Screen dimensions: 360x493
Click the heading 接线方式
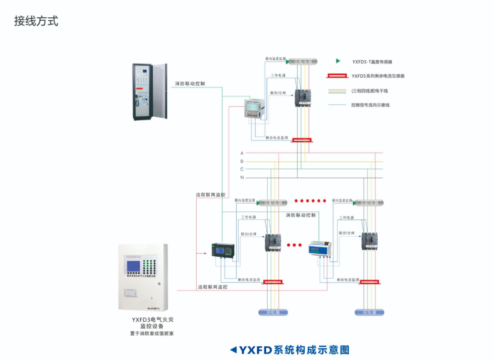pos(36,21)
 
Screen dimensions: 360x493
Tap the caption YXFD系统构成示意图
pos(290,350)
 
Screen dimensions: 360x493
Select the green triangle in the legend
pos(338,61)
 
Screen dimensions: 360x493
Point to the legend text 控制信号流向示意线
pos(370,105)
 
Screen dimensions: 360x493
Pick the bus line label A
pos(242,153)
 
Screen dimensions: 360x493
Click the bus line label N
pos(242,177)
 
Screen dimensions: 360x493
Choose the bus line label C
pos(242,169)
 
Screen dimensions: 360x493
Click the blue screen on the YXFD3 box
pos(133,267)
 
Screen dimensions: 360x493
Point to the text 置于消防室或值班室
pos(149,334)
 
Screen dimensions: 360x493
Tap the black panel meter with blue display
pos(220,249)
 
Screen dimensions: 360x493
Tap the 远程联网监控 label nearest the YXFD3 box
pos(213,287)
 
